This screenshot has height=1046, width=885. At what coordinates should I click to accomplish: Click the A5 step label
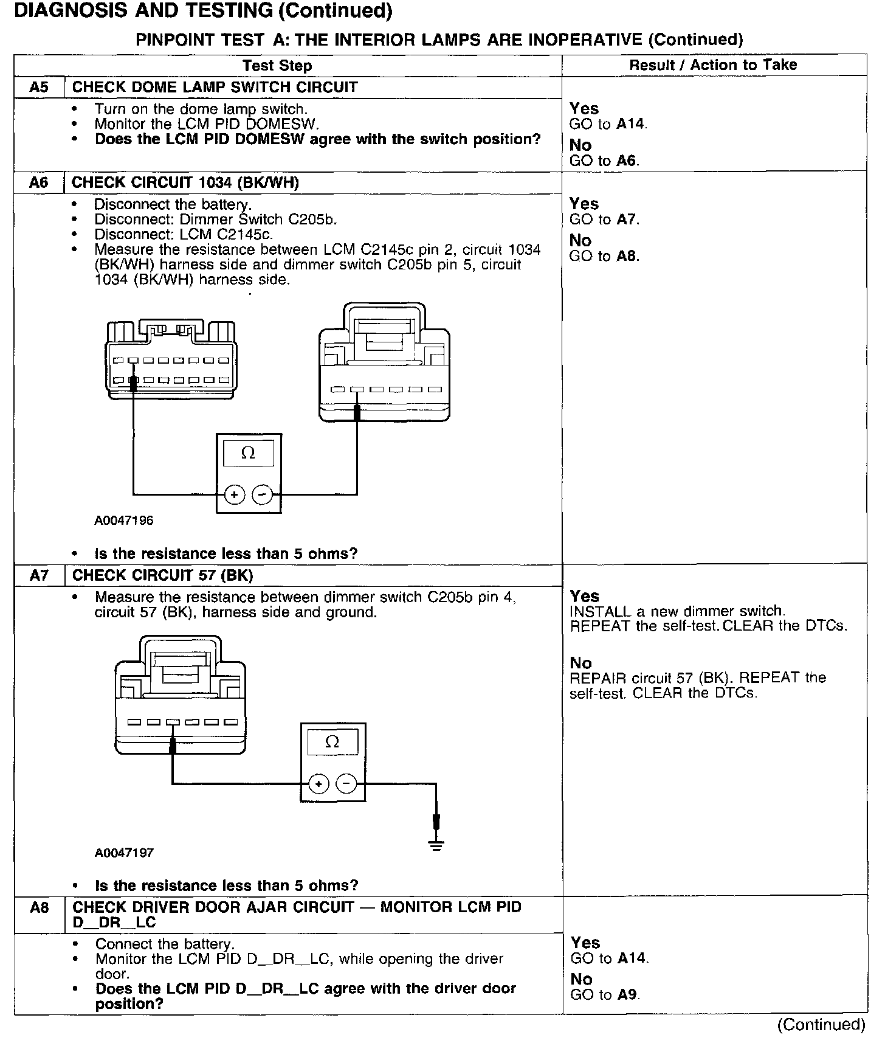click(39, 87)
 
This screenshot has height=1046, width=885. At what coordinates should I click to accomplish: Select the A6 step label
click(39, 182)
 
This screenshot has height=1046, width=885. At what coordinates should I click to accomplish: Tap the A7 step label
click(39, 575)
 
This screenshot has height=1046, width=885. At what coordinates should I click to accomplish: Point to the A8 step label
click(39, 907)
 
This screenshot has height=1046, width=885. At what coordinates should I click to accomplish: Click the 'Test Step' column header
click(277, 66)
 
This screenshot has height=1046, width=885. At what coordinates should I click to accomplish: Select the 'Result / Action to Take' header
click(713, 64)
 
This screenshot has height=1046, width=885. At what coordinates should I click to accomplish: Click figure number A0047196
click(124, 521)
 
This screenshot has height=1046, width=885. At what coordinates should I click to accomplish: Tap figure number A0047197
click(124, 853)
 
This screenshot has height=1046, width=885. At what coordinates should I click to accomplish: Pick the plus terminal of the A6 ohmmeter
click(234, 495)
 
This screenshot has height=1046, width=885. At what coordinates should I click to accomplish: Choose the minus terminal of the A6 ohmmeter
click(262, 495)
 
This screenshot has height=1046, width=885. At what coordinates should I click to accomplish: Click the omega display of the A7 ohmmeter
click(332, 742)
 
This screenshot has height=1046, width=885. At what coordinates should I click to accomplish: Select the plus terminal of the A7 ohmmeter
click(318, 784)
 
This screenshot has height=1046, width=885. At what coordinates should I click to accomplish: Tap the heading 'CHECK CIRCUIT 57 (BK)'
click(162, 575)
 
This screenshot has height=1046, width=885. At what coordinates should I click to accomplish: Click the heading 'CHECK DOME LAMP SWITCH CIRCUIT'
click(215, 87)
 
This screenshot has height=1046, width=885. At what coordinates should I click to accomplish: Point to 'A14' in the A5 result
click(631, 124)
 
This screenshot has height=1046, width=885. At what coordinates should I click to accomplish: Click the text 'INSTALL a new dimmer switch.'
click(677, 611)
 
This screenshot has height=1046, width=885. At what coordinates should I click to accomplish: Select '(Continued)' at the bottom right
click(821, 1025)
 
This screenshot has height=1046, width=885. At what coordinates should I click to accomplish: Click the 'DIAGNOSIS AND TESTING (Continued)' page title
click(203, 11)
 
